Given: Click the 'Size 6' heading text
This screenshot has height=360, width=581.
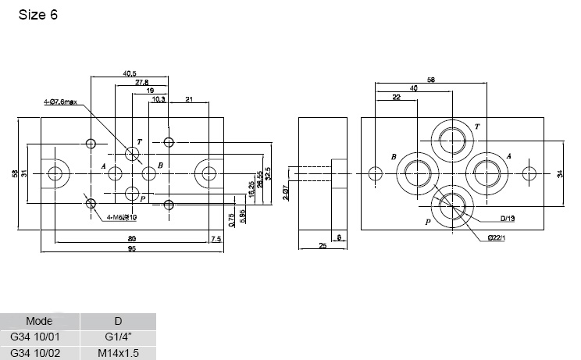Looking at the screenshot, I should point(37,15).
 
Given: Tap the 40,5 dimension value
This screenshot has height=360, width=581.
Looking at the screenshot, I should point(130,73).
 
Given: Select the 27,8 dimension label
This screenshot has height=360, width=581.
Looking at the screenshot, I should point(141,82).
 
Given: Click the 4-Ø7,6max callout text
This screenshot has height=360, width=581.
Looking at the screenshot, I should point(61,102).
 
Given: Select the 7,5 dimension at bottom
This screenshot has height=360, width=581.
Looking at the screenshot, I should point(215,238).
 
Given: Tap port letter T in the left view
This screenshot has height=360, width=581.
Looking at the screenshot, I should point(139,141).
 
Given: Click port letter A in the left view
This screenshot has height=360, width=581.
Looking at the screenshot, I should point(103,166).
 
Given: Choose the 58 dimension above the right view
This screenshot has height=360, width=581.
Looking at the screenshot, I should point(430,79).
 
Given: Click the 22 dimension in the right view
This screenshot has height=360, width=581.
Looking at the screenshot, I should point(397,97).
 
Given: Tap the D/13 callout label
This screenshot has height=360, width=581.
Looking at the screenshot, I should point(508,218).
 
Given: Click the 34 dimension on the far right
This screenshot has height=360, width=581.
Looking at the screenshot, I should point(560,174).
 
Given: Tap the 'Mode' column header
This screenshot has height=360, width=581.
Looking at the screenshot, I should point(39,321).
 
